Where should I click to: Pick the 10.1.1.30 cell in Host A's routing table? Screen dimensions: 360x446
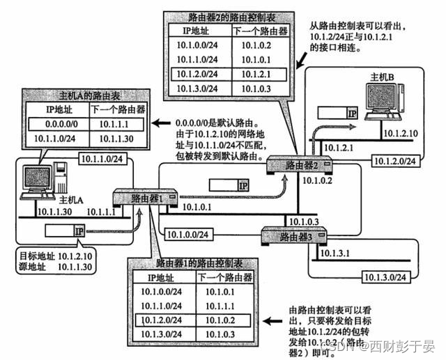(x=116, y=138)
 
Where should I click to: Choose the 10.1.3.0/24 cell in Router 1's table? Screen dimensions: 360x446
(x=160, y=335)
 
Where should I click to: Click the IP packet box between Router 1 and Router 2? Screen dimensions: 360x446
(x=229, y=185)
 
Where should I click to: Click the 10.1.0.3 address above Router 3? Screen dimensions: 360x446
(x=304, y=221)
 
